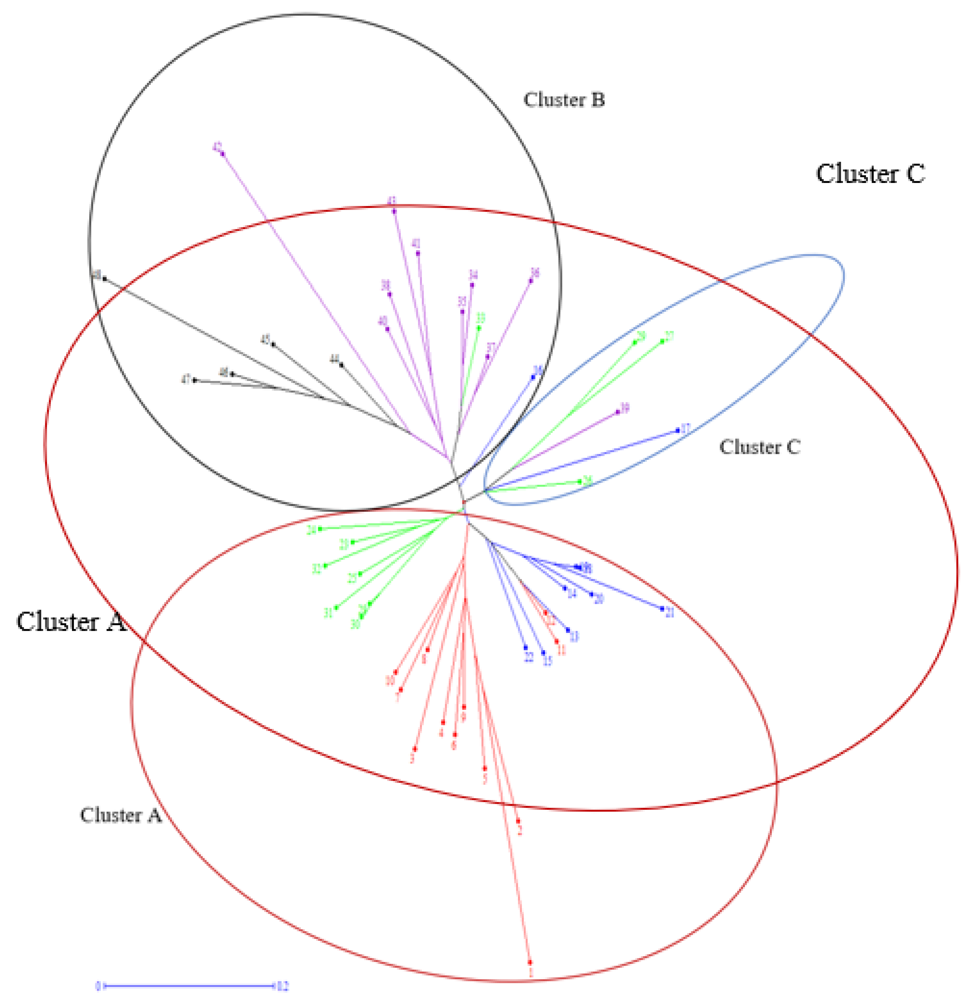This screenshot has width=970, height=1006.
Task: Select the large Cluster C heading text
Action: [x=870, y=174]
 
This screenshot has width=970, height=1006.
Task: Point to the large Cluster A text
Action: [x=71, y=622]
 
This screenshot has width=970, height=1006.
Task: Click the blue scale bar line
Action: [x=188, y=985]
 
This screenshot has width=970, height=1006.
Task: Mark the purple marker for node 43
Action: [x=394, y=211]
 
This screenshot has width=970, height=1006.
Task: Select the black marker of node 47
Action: [x=194, y=380]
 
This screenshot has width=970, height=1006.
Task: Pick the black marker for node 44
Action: [x=341, y=365]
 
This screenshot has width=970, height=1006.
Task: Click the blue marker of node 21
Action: [x=662, y=609]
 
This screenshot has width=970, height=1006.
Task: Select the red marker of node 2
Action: [x=518, y=821]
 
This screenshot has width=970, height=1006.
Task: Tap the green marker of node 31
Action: [x=336, y=608]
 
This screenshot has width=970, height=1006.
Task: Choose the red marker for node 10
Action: [x=395, y=672]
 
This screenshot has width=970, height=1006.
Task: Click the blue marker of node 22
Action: [x=526, y=648]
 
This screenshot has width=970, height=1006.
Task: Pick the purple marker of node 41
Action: [x=418, y=253]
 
